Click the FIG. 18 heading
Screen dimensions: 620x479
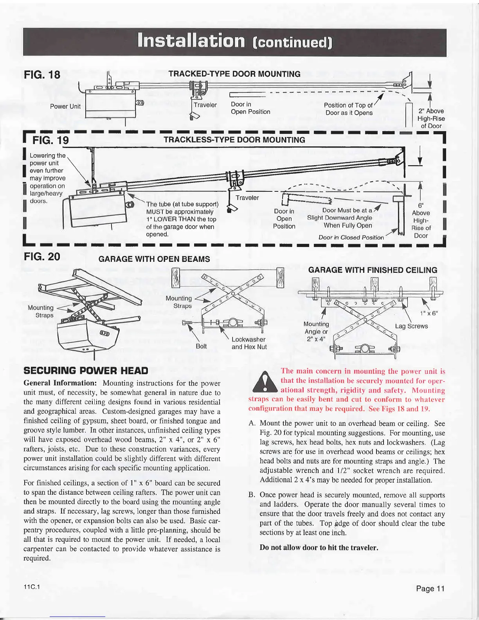point(42,74)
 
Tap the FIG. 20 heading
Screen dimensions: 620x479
point(42,256)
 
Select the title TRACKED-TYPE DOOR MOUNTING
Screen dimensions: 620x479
point(234,74)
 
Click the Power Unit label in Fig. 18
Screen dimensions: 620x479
point(65,106)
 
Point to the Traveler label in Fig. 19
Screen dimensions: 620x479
point(247,198)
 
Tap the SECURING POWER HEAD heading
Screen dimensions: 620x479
point(86,370)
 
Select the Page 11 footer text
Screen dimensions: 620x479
point(430,588)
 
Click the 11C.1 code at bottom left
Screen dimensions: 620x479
point(32,588)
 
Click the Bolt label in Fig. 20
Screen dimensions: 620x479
point(201,346)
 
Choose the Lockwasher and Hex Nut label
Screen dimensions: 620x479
point(249,343)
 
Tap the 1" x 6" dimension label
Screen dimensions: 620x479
point(428,313)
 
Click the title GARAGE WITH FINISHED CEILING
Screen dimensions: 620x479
point(373,270)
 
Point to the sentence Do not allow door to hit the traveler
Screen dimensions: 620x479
point(319,547)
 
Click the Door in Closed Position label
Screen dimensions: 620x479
point(351,237)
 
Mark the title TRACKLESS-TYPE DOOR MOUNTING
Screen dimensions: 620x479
point(234,140)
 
